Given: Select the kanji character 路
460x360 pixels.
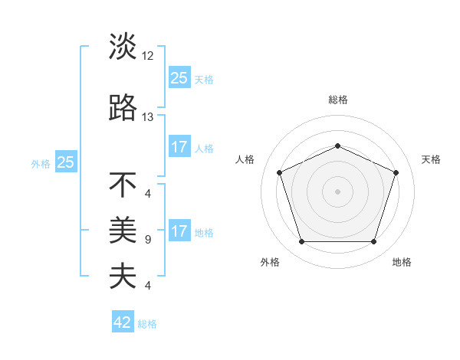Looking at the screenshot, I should click(x=123, y=108).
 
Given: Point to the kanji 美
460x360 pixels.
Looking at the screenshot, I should click(x=123, y=228).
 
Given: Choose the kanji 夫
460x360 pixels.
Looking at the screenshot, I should click(x=123, y=276).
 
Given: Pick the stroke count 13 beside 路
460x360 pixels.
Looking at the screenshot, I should click(x=148, y=117).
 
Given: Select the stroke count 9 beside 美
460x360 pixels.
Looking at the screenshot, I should click(x=147, y=240).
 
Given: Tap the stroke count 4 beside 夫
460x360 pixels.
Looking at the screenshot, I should click(x=147, y=286).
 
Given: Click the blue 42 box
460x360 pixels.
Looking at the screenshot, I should click(x=123, y=322).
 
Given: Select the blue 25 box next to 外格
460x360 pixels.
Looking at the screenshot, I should click(x=66, y=162).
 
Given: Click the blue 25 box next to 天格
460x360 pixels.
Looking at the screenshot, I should click(x=179, y=77).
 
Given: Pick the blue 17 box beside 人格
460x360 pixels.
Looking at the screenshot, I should click(x=179, y=147).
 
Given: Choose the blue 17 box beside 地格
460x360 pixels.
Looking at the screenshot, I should click(x=179, y=231).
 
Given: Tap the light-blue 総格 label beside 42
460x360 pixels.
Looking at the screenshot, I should click(x=147, y=324).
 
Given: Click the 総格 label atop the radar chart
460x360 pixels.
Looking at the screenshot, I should click(x=337, y=100).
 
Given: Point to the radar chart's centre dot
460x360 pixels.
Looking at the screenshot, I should click(x=337, y=191).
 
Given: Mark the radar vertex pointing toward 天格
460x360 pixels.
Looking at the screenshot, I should click(x=396, y=172).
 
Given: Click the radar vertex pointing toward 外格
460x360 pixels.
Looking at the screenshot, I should click(x=301, y=242).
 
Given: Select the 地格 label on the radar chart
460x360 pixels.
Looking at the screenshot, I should click(x=402, y=263).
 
